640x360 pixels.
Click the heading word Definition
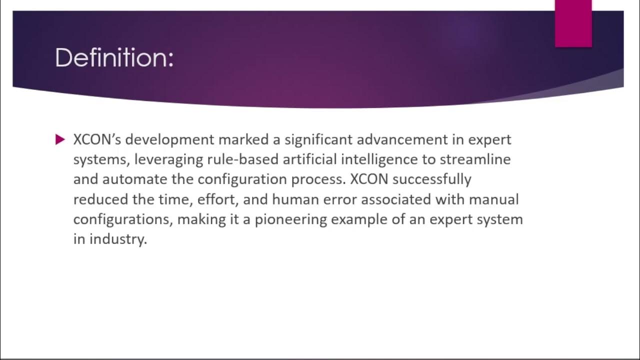tap(114, 58)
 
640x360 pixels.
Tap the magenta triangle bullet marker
tap(60, 139)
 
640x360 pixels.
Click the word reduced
tap(98, 199)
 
